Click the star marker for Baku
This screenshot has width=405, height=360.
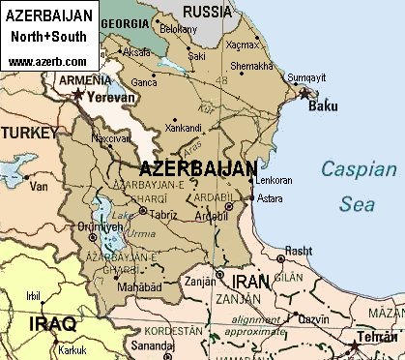[305, 94]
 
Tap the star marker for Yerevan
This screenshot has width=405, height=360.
[78, 95]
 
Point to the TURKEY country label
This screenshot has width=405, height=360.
[28, 140]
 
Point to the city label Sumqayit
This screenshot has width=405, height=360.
[304, 75]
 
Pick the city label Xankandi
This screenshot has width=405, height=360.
[184, 128]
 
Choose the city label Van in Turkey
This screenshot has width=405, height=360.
[39, 185]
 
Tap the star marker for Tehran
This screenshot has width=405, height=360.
[359, 343]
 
